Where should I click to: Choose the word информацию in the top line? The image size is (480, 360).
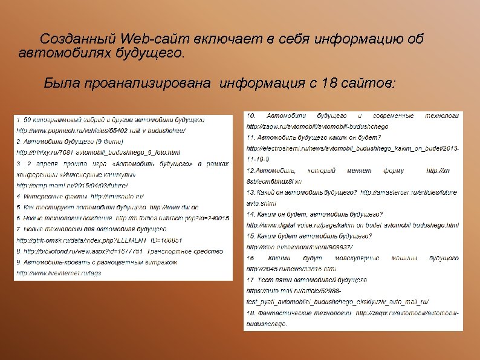349,39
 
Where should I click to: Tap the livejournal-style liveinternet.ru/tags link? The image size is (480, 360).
58,273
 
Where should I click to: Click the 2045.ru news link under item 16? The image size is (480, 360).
291,269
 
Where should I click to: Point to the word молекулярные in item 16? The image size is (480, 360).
349,258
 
